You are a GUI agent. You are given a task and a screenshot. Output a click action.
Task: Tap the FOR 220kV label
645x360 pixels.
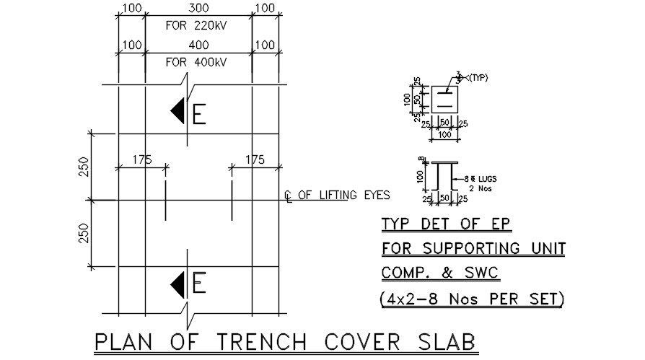[196, 25]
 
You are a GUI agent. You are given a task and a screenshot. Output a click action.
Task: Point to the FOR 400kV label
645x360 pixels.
[196, 62]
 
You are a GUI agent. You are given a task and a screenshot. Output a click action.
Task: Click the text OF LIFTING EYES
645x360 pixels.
[344, 195]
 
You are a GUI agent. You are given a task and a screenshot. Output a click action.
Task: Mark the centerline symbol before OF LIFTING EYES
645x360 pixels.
[288, 196]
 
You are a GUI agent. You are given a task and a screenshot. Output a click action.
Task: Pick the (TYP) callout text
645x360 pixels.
[478, 78]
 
